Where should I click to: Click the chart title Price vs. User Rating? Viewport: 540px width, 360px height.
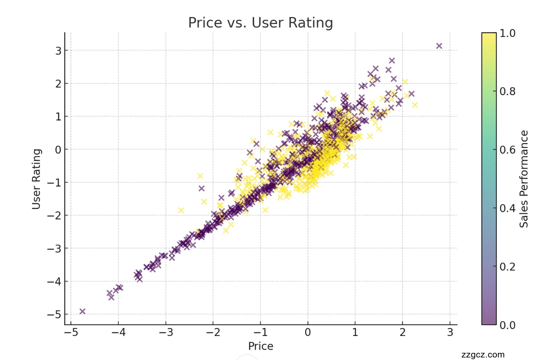[260, 23]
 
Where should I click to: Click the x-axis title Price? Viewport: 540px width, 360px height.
[260, 346]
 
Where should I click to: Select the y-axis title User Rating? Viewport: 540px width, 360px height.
[37, 179]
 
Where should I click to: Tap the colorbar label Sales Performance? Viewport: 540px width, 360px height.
[524, 179]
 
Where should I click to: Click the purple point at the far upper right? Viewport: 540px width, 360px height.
[439, 46]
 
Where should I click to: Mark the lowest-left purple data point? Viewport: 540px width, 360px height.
[82, 311]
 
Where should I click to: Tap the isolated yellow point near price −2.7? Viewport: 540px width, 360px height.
[181, 210]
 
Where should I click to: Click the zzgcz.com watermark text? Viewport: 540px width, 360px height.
[483, 355]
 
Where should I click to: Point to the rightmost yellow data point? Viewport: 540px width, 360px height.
[415, 105]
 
